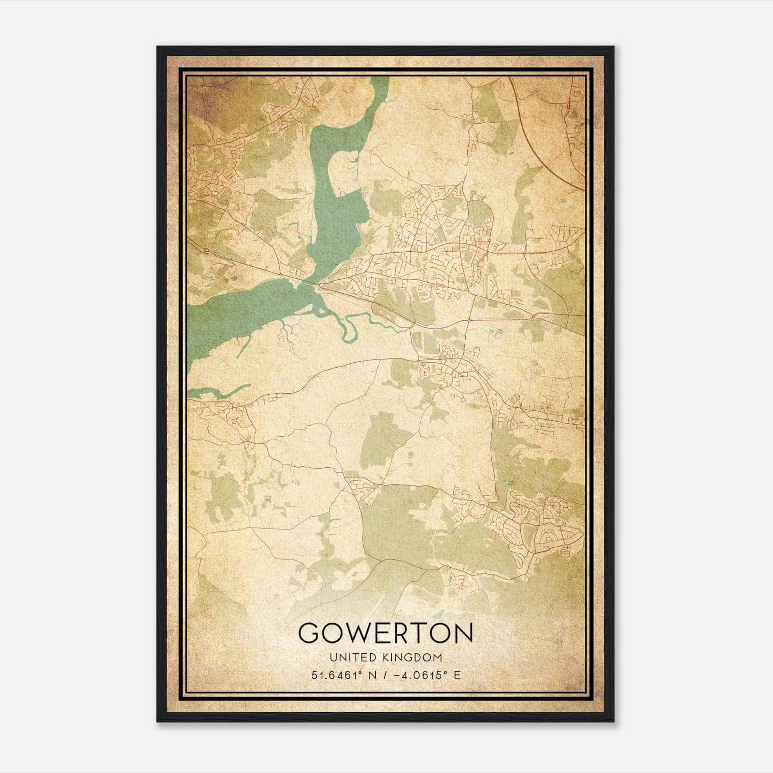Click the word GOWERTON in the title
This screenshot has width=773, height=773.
(386, 632)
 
